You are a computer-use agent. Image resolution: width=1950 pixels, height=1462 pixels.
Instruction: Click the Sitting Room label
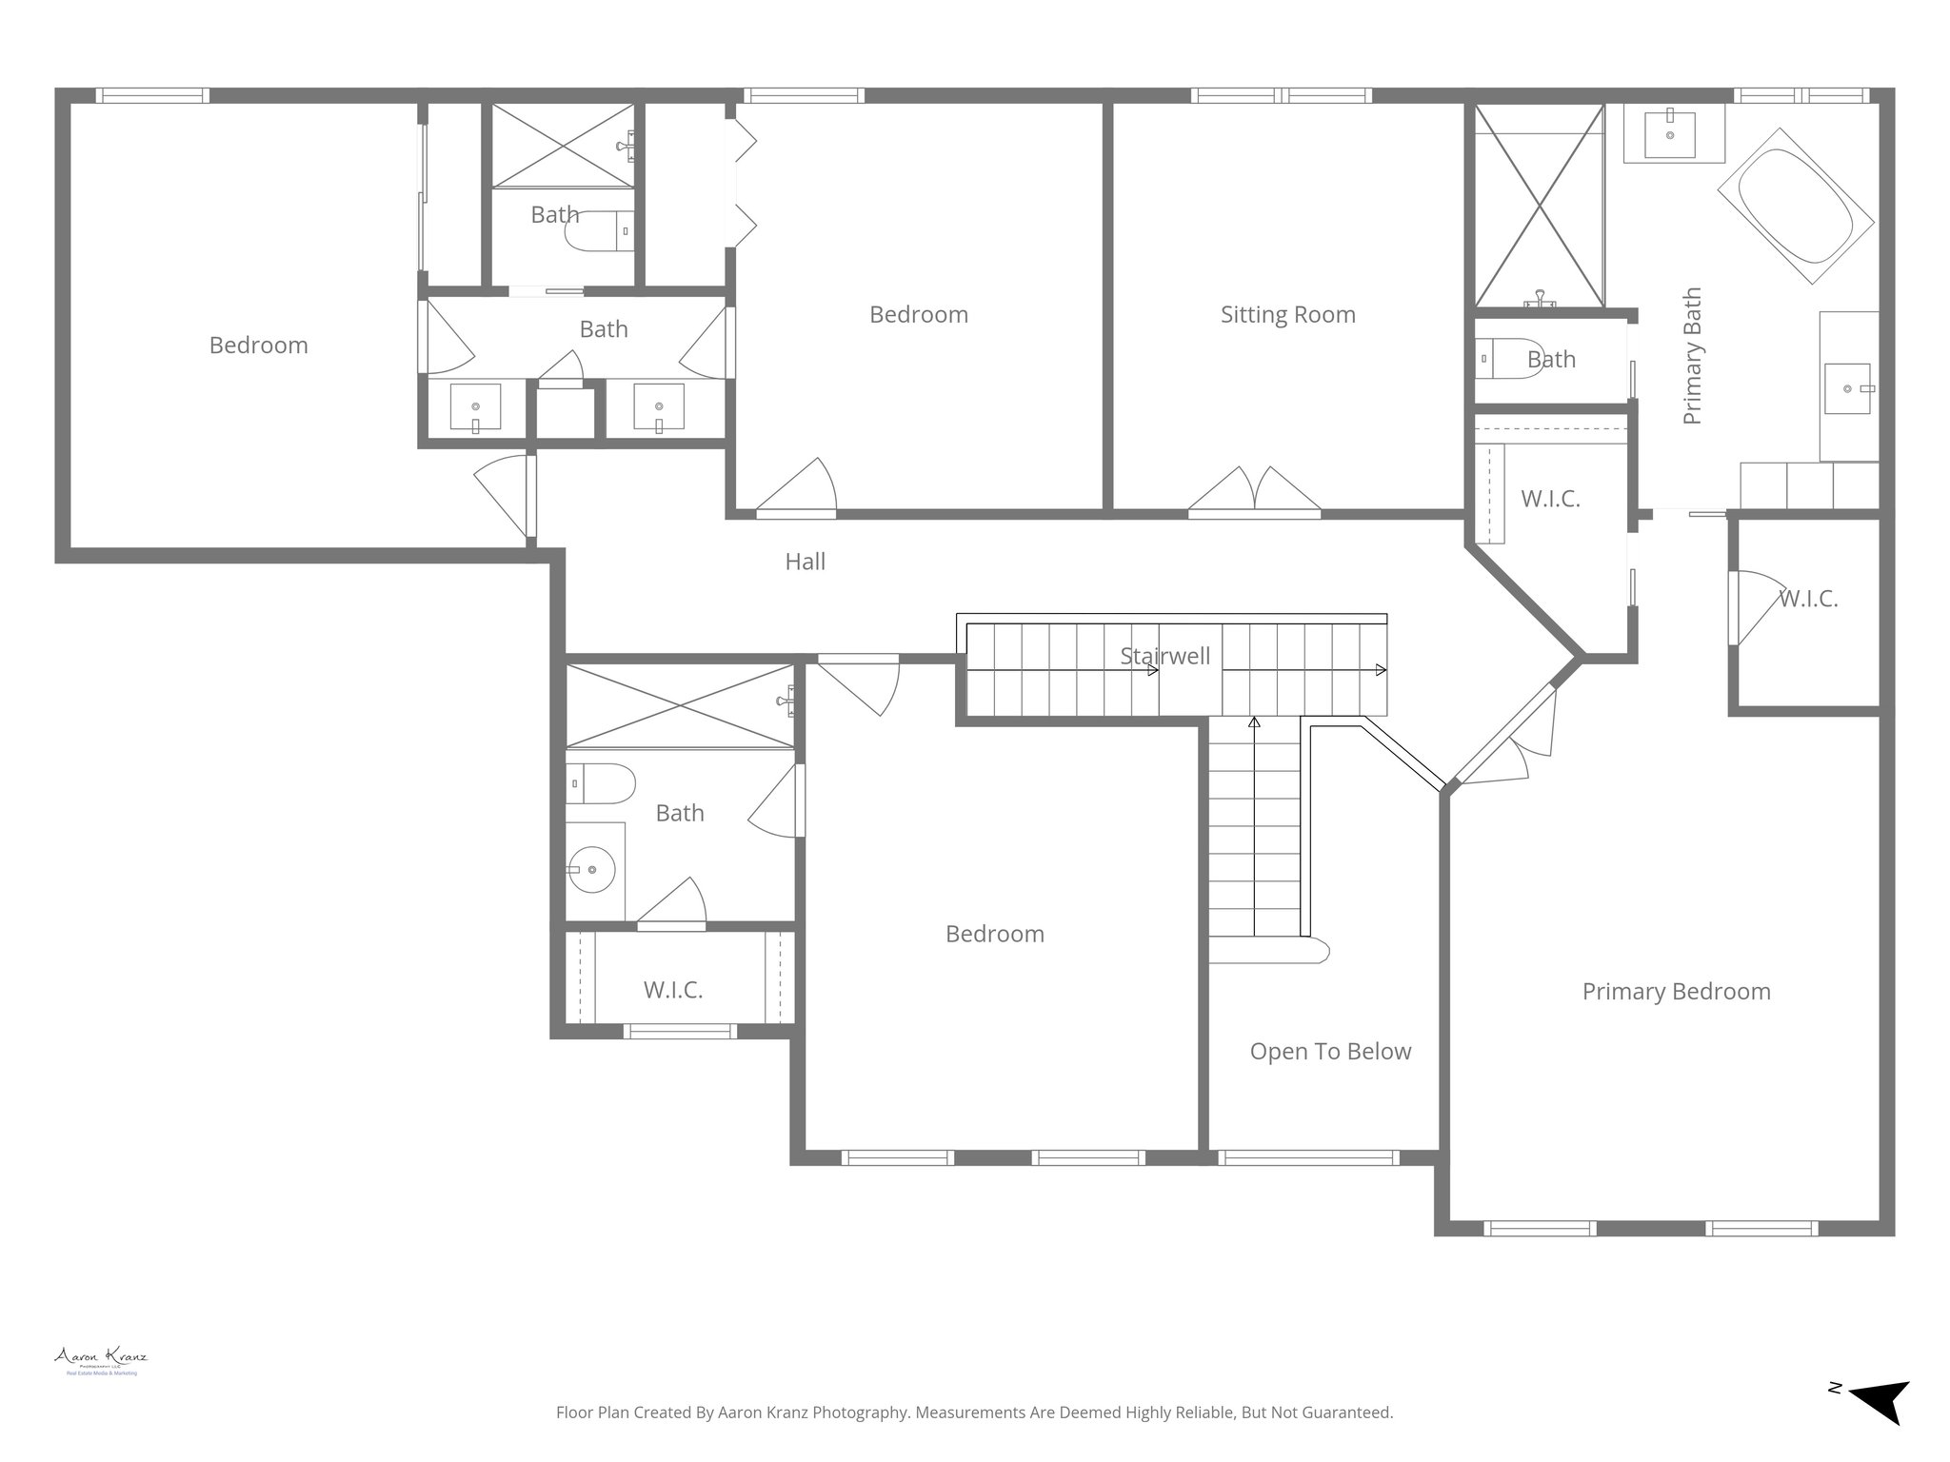(x=1287, y=315)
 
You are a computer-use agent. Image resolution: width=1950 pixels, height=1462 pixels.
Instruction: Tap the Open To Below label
(x=1330, y=1052)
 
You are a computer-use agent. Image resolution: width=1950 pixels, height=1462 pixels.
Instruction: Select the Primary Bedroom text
(x=1676, y=992)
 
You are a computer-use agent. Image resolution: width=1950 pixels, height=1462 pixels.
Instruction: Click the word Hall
(x=805, y=563)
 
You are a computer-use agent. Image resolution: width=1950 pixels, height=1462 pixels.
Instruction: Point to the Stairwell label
(x=1164, y=656)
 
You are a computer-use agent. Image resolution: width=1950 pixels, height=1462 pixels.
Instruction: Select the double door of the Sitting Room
(x=1254, y=491)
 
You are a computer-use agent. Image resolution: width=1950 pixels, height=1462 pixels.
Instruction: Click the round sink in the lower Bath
(x=591, y=870)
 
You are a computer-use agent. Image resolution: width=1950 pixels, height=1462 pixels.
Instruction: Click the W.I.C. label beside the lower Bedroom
(x=672, y=991)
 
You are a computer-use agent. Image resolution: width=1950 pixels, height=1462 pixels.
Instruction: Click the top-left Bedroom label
(x=258, y=346)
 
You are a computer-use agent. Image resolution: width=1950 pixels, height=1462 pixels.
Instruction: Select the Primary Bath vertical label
(x=1692, y=356)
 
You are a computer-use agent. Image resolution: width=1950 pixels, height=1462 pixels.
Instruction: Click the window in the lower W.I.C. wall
(x=679, y=1031)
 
